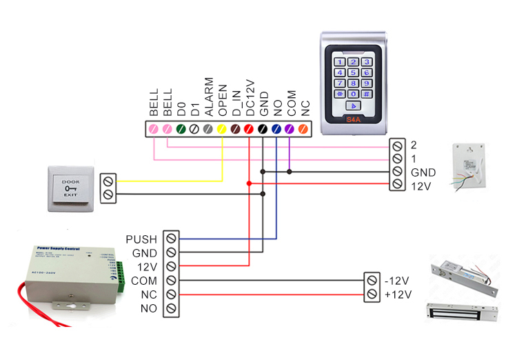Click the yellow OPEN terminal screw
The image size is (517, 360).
click(x=222, y=128)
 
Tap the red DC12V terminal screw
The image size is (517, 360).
click(x=249, y=128)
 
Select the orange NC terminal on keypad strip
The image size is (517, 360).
click(x=303, y=128)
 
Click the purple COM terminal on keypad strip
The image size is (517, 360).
click(x=290, y=128)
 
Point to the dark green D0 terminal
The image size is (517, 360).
click(x=181, y=128)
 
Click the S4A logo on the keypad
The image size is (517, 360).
click(x=353, y=120)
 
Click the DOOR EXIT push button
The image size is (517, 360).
click(x=70, y=187)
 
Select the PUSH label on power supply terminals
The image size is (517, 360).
click(x=141, y=239)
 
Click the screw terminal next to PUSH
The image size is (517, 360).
click(x=170, y=239)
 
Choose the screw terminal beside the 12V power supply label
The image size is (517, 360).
click(x=170, y=267)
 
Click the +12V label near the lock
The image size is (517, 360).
click(x=398, y=295)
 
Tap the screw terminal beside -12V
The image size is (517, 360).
click(x=372, y=281)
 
